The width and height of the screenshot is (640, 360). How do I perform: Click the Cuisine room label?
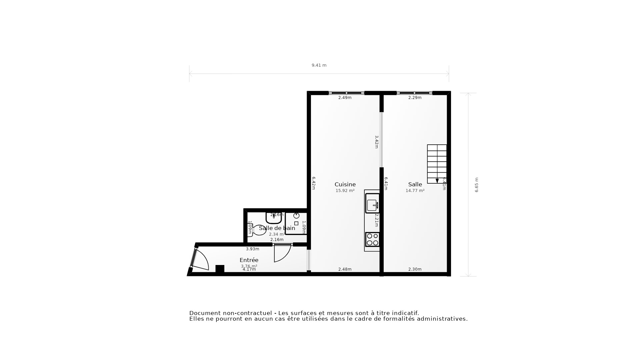pyautogui.click(x=345, y=184)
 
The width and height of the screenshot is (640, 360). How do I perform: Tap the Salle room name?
pyautogui.click(x=415, y=184)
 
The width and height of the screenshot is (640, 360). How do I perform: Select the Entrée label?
pyautogui.click(x=249, y=260)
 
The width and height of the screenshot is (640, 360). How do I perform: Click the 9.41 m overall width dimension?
pyautogui.click(x=319, y=65)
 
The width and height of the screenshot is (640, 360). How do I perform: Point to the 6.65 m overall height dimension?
pyautogui.click(x=476, y=185)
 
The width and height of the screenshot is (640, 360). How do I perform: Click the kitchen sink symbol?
pyautogui.click(x=372, y=203)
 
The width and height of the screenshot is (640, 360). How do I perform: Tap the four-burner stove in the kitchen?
pyautogui.click(x=372, y=239)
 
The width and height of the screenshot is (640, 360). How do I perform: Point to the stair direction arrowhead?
pyautogui.click(x=437, y=181)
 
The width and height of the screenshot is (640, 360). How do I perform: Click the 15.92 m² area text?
pyautogui.click(x=345, y=191)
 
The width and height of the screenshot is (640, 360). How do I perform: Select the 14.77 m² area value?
pyautogui.click(x=415, y=191)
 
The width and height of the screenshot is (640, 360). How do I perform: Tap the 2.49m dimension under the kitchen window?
pyautogui.click(x=345, y=98)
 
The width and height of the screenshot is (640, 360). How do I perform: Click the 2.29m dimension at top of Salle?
pyautogui.click(x=415, y=98)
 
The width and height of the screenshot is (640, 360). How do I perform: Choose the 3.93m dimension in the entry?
pyautogui.click(x=252, y=249)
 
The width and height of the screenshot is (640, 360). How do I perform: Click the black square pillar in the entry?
pyautogui.click(x=220, y=269)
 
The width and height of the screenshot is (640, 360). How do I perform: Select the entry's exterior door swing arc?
pyautogui.click(x=202, y=260)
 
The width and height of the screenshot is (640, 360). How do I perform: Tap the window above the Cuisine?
pyautogui.click(x=346, y=93)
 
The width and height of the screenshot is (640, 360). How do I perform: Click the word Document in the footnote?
pyautogui.click(x=205, y=313)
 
